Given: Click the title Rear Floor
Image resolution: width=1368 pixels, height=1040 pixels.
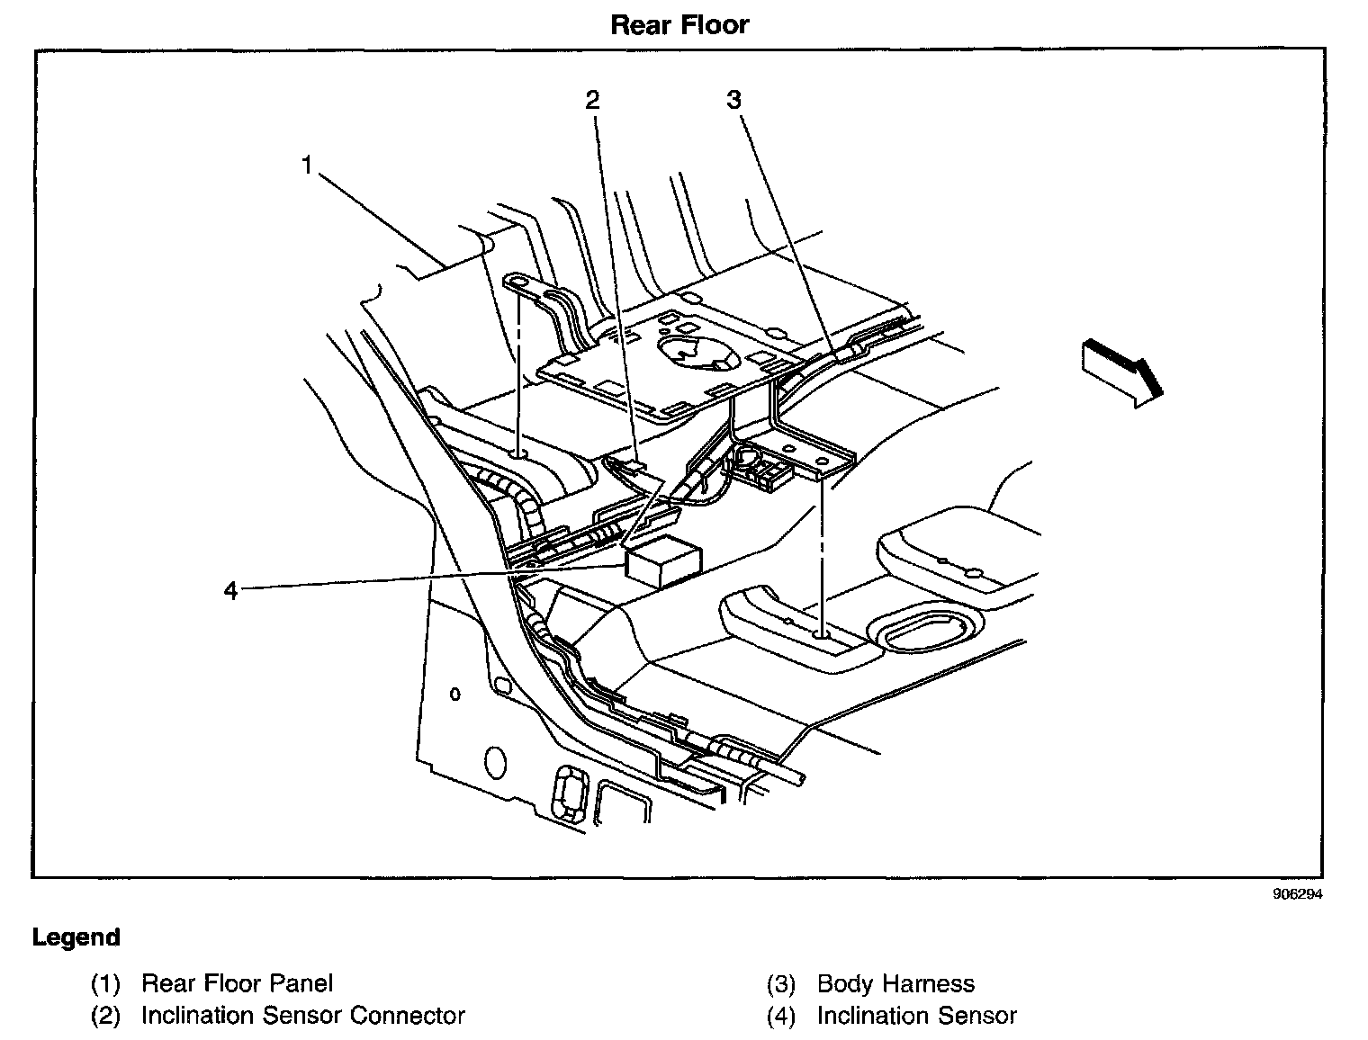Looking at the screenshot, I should tap(679, 24).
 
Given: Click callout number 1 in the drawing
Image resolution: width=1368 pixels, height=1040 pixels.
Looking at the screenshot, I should tap(307, 166).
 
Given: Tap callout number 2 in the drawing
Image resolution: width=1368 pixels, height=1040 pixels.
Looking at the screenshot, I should tap(591, 100).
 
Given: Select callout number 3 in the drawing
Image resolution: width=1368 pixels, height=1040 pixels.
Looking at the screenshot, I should tap(733, 100).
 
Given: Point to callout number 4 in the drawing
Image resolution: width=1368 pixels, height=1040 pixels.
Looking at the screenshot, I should tap(231, 590).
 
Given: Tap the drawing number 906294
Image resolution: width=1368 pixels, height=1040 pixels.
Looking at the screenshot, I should tap(1297, 894).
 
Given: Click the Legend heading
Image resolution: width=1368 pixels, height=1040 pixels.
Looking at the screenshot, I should tap(76, 937).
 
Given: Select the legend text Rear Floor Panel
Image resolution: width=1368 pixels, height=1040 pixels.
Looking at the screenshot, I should tap(237, 983).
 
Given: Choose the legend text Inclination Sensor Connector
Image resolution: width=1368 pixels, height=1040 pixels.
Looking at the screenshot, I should tap(302, 1016).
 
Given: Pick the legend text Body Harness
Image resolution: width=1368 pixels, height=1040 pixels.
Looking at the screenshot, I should tap(895, 983).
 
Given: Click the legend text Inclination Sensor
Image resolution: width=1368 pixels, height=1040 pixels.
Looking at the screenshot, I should tap(916, 1016).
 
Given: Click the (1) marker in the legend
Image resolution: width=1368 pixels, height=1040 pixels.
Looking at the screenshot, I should tap(104, 983).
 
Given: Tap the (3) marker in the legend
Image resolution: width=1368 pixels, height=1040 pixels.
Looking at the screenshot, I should tap(780, 983).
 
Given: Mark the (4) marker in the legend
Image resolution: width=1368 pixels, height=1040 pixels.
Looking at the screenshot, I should tap(780, 1016).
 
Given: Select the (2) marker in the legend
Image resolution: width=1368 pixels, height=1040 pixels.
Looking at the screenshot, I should tap(104, 1016).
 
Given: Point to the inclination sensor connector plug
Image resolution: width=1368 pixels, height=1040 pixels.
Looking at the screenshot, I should tap(627, 466).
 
